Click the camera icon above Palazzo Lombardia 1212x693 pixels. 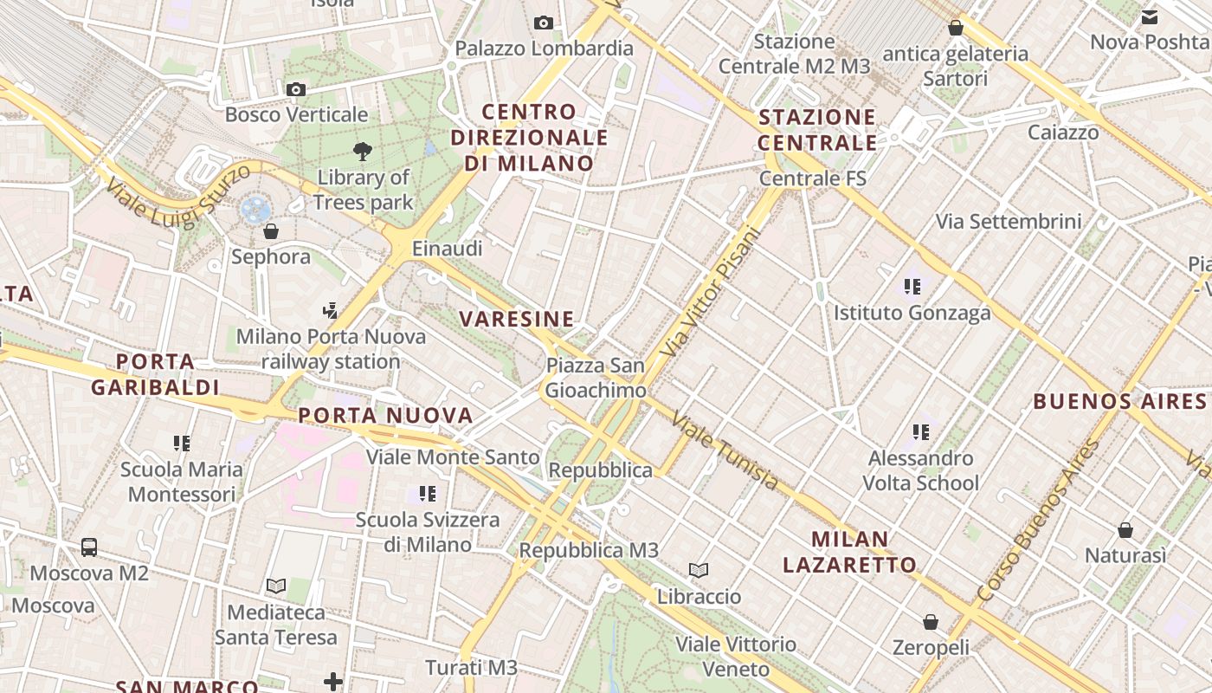click(x=544, y=23)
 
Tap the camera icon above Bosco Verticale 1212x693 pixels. click(x=296, y=89)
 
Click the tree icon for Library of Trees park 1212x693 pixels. click(x=363, y=152)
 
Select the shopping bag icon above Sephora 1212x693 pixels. click(x=271, y=231)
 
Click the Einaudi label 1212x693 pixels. click(x=447, y=249)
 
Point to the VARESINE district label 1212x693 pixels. click(x=517, y=319)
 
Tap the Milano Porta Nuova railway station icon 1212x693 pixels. click(x=330, y=310)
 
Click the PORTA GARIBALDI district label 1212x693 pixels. click(x=156, y=374)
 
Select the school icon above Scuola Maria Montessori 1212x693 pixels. click(x=182, y=444)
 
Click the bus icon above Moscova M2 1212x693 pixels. click(x=89, y=547)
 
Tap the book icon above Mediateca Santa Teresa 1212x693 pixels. click(x=276, y=586)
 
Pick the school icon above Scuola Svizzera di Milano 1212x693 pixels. click(x=428, y=494)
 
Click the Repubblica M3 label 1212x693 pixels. click(x=589, y=550)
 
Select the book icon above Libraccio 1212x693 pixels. click(x=699, y=570)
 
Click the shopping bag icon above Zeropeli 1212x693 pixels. click(x=931, y=622)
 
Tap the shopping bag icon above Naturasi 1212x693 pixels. click(x=1125, y=530)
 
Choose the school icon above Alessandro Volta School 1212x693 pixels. click(x=921, y=431)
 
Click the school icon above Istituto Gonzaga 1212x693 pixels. click(x=912, y=287)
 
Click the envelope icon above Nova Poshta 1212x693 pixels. click(x=1150, y=16)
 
